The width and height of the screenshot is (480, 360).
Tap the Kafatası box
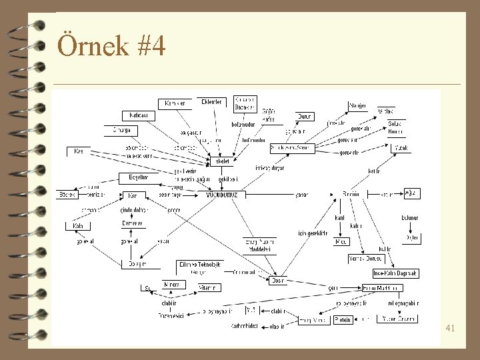click(x=138, y=115)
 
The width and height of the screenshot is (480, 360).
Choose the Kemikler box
click(x=175, y=103)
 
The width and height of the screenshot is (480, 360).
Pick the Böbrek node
click(x=67, y=194)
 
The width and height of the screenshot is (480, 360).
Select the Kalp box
click(x=73, y=226)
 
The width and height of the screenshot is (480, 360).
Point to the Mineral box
click(x=171, y=285)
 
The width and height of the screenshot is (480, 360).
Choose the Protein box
click(x=343, y=319)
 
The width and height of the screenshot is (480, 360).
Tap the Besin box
click(x=279, y=280)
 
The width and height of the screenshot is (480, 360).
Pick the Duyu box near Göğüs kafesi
click(x=304, y=116)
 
